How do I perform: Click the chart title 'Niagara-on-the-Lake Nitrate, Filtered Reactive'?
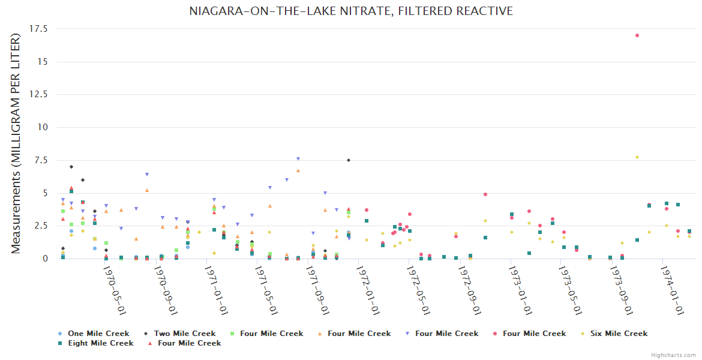[351, 11]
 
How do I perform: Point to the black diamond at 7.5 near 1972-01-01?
[349, 160]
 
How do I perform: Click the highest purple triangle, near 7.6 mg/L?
[298, 159]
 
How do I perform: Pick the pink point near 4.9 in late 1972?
[485, 194]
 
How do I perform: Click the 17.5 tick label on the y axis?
[39, 29]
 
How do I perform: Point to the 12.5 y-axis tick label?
[39, 94]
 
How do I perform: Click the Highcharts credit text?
[673, 355]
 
